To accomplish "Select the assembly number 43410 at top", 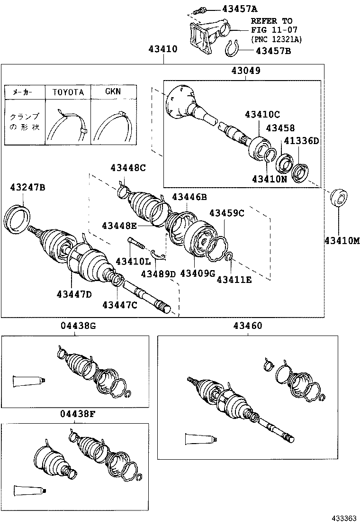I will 163,49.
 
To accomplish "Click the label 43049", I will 246,71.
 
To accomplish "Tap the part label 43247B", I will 27,188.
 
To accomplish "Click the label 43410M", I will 342,241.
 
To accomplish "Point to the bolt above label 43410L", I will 135,245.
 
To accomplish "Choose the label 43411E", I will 234,280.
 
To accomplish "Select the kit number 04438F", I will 78,413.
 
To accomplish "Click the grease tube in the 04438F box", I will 29,491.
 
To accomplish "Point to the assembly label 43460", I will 247,326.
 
